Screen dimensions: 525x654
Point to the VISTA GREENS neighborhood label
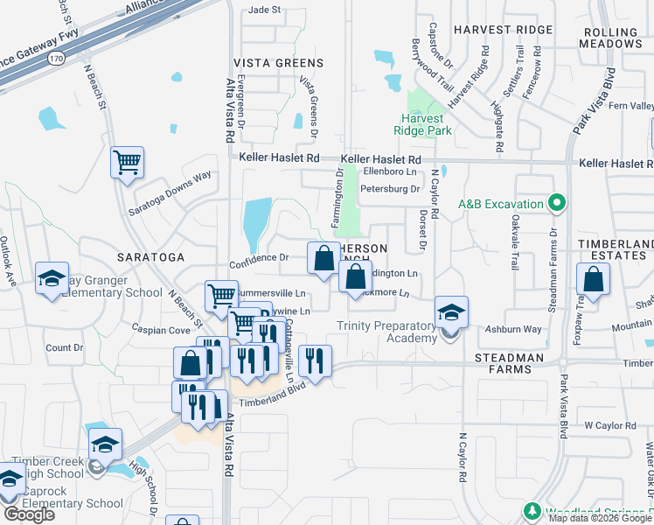(x=278, y=63)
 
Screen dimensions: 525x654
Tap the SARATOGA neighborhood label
(x=150, y=257)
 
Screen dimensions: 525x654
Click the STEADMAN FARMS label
(x=509, y=358)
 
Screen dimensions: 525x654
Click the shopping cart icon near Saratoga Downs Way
(x=127, y=162)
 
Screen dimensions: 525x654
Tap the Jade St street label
(x=264, y=10)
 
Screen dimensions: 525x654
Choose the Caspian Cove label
(x=161, y=330)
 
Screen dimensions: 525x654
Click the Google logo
(x=28, y=514)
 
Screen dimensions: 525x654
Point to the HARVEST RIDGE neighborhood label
(x=503, y=30)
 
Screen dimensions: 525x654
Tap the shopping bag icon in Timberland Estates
(x=593, y=280)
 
